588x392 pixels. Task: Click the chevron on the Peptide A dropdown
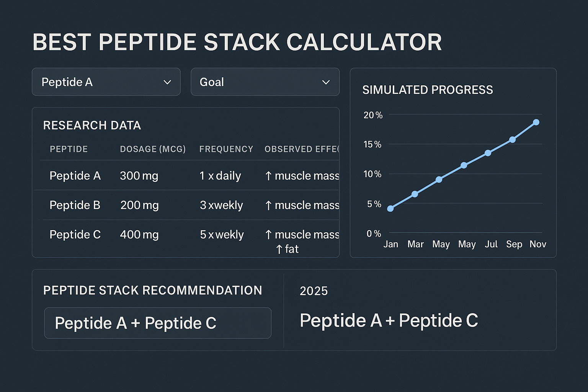tap(167, 82)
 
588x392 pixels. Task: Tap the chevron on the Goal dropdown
tap(326, 82)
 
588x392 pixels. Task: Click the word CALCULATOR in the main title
tap(364, 42)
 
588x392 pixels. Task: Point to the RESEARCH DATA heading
tap(92, 126)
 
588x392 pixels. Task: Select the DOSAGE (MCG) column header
tap(153, 149)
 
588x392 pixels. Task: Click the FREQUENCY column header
tap(226, 149)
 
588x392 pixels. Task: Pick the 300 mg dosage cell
tap(139, 176)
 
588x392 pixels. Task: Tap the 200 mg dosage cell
tap(139, 205)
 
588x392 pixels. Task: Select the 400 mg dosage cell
tap(139, 235)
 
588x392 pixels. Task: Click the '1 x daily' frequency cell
tap(220, 176)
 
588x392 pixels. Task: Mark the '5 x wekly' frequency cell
tap(222, 235)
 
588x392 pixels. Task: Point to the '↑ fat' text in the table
tap(287, 249)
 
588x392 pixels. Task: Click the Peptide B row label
tap(75, 205)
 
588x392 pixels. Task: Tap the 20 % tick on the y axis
tap(373, 115)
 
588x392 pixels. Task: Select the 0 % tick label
tap(374, 234)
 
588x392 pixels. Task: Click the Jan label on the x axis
tap(391, 244)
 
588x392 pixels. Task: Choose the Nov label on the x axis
tap(537, 244)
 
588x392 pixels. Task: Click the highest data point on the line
tap(536, 122)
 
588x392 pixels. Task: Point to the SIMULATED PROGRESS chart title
tap(428, 90)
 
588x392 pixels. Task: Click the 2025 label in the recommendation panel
tap(314, 291)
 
